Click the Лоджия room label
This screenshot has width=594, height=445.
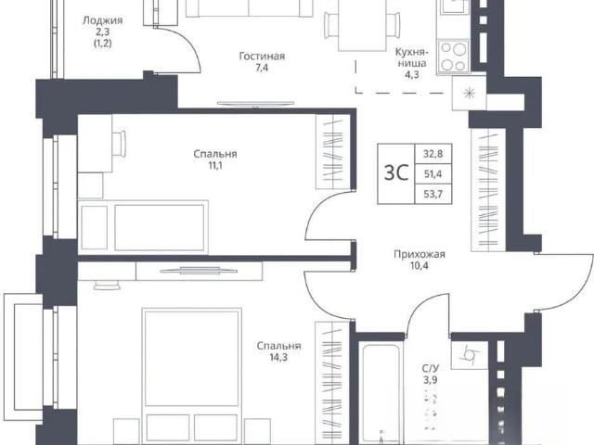102,20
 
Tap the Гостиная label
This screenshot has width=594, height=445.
262,57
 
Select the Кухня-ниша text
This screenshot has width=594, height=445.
412,57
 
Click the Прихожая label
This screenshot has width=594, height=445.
420,254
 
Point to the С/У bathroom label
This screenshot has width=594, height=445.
431,368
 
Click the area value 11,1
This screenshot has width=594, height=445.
214,165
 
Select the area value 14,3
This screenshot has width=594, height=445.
278,357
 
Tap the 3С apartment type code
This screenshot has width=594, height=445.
396,173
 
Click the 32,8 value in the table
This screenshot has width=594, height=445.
433,154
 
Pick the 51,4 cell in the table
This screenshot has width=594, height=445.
433,174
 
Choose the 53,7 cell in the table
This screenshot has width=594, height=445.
433,194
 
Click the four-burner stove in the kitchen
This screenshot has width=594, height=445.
454,57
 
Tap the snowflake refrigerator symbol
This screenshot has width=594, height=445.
470,93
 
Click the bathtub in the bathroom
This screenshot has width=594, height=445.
381,393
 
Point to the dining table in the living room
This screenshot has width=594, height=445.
362,25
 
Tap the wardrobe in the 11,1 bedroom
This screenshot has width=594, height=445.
333,151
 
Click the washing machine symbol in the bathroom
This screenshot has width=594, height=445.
470,355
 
